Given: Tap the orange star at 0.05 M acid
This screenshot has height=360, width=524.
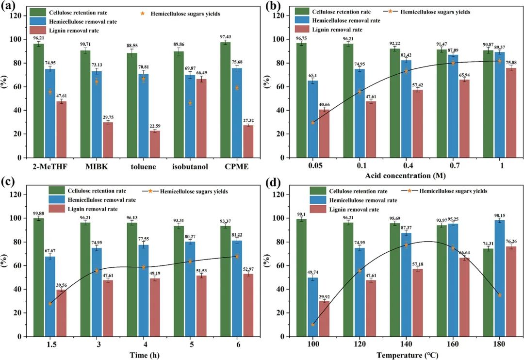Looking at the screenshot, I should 313,123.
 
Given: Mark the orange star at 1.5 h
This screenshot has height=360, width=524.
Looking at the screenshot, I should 50,304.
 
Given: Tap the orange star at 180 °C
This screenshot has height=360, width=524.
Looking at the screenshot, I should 499,295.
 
